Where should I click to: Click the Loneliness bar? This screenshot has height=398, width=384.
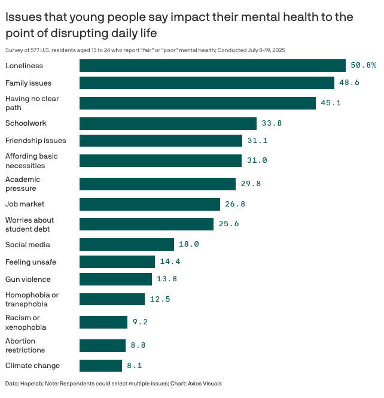212,65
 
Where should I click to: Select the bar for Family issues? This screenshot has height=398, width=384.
206,83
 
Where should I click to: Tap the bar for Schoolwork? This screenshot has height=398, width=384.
167,123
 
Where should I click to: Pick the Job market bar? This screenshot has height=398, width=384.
150,204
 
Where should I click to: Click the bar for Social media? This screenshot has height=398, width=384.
126,244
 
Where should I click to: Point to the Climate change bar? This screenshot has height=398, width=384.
100,365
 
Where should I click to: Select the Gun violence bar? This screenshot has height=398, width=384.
115,279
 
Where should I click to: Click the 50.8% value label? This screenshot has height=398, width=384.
363,65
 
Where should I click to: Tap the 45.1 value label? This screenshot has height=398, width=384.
331,103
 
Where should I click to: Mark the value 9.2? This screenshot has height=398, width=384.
140,323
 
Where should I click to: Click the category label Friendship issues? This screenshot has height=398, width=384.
35,141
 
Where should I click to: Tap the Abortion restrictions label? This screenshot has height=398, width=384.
25,345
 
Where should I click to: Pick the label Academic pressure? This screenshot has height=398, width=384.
23,184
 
